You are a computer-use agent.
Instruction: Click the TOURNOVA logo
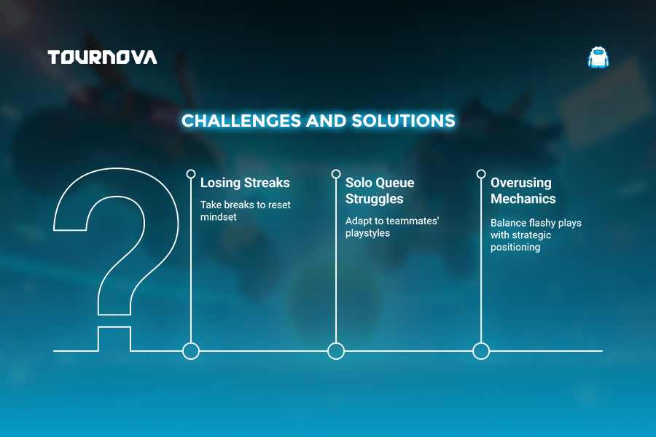pyautogui.click(x=103, y=58)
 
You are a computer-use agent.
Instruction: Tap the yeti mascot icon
pyautogui.click(x=598, y=58)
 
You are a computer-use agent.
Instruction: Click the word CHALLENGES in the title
pyautogui.click(x=241, y=121)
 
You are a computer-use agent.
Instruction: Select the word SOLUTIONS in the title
pyautogui.click(x=403, y=121)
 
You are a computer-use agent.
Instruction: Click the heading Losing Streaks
pyautogui.click(x=245, y=183)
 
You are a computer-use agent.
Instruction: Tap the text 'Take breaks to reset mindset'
pyautogui.click(x=245, y=210)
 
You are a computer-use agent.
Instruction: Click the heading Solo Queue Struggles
pyautogui.click(x=380, y=191)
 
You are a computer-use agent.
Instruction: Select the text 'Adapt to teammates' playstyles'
pyautogui.click(x=392, y=227)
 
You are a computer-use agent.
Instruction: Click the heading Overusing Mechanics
pyautogui.click(x=523, y=191)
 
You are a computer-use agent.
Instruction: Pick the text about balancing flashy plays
pyautogui.click(x=536, y=235)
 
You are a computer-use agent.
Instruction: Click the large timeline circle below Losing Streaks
pyautogui.click(x=191, y=343)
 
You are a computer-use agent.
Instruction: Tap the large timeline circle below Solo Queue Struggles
pyautogui.click(x=336, y=343)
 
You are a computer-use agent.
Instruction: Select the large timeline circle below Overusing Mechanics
pyautogui.click(x=481, y=343)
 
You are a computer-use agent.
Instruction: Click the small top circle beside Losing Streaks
pyautogui.click(x=191, y=170)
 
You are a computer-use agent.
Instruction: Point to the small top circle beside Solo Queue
pyautogui.click(x=336, y=170)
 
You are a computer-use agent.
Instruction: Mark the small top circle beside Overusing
pyautogui.click(x=481, y=170)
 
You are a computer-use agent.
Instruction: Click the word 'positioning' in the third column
pyautogui.click(x=515, y=247)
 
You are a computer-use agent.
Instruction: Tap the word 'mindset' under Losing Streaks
pyautogui.click(x=218, y=217)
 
